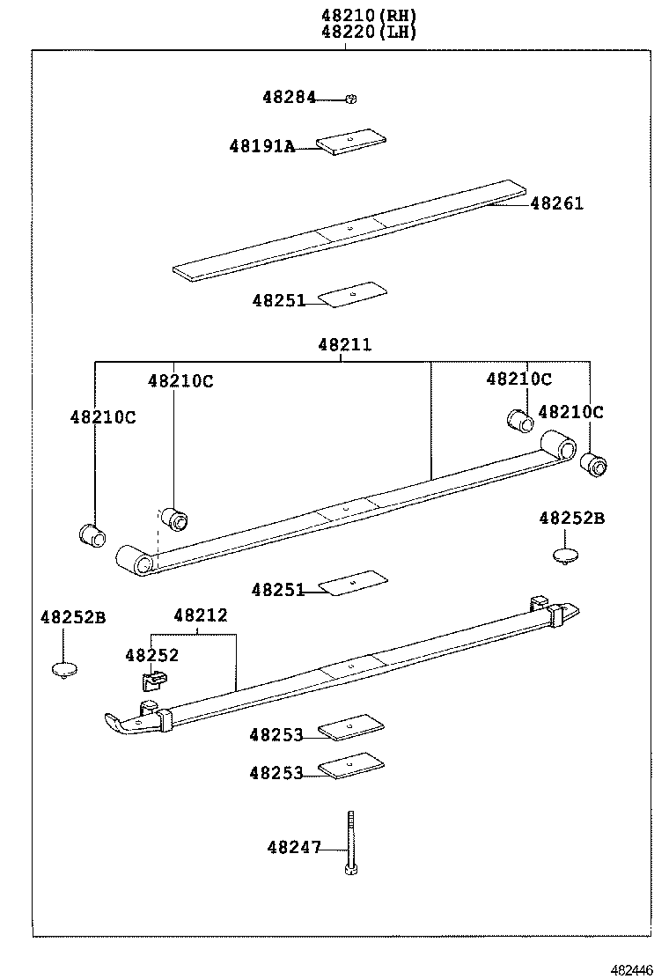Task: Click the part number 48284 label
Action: pos(288,98)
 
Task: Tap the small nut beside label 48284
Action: pos(350,99)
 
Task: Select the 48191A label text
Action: pos(261,146)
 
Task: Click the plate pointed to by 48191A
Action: pos(352,141)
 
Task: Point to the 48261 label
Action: pos(556,203)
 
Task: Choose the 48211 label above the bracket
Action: pos(345,344)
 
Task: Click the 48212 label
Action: pos(200,615)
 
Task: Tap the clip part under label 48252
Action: pos(154,679)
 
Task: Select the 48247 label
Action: pos(293,848)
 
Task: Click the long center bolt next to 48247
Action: pos(350,842)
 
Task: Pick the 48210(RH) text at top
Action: pos(368,15)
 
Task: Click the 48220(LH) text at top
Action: pos(368,32)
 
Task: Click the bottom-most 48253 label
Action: pos(276,773)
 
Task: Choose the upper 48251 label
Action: pos(278,300)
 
